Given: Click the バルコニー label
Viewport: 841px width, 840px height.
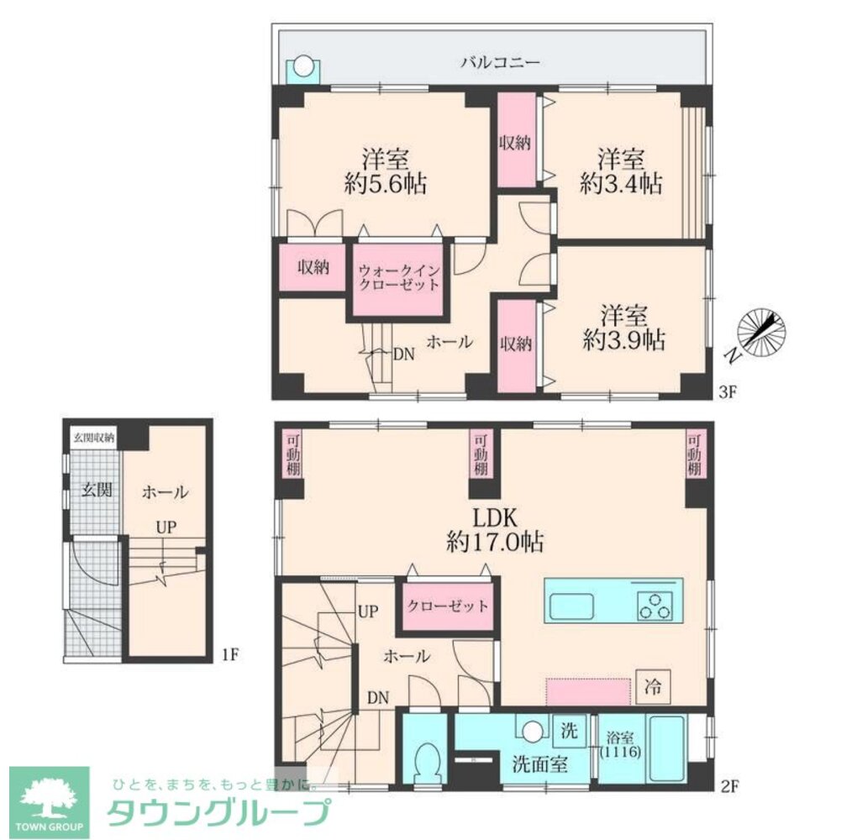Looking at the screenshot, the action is (x=500, y=62).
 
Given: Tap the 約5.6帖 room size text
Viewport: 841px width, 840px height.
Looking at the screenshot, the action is (x=385, y=184).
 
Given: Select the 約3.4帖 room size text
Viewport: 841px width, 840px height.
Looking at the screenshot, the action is (x=621, y=184).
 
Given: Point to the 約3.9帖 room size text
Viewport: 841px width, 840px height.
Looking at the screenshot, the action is (x=623, y=340).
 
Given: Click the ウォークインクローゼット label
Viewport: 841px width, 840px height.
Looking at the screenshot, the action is (x=398, y=277).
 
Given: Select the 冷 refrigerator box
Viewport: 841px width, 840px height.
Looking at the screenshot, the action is (x=653, y=686).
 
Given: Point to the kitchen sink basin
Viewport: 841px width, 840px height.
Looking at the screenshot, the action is (x=572, y=606).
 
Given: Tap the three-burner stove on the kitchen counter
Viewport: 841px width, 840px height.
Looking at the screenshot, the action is (x=654, y=606).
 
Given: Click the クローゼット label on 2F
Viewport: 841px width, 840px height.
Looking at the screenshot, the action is (x=447, y=606).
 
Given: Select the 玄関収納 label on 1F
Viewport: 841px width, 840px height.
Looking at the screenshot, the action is (x=94, y=438).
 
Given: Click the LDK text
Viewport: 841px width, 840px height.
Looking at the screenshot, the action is (x=495, y=518).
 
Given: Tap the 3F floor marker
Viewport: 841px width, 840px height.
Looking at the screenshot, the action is (x=728, y=392).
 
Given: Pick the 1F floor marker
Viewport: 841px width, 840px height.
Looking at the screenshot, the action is (x=229, y=655).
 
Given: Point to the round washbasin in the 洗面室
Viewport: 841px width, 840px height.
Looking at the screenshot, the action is (x=533, y=731).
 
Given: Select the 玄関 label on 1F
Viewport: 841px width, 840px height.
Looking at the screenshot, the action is (x=97, y=489).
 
